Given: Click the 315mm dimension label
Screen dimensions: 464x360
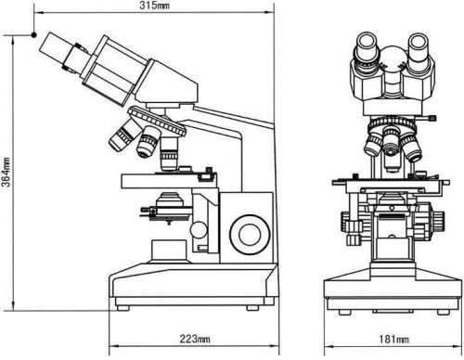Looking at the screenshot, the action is point(154,6).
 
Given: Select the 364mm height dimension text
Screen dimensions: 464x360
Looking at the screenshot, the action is point(6,173).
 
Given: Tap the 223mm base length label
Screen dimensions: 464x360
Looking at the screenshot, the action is point(195,339).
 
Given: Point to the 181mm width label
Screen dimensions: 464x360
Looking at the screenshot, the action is point(393,340).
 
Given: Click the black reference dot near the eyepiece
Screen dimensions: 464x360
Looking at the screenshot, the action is point(34,35).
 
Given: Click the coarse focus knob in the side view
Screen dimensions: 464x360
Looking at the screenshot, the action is point(250,235).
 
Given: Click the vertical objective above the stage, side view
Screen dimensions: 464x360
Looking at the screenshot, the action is point(169,153).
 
